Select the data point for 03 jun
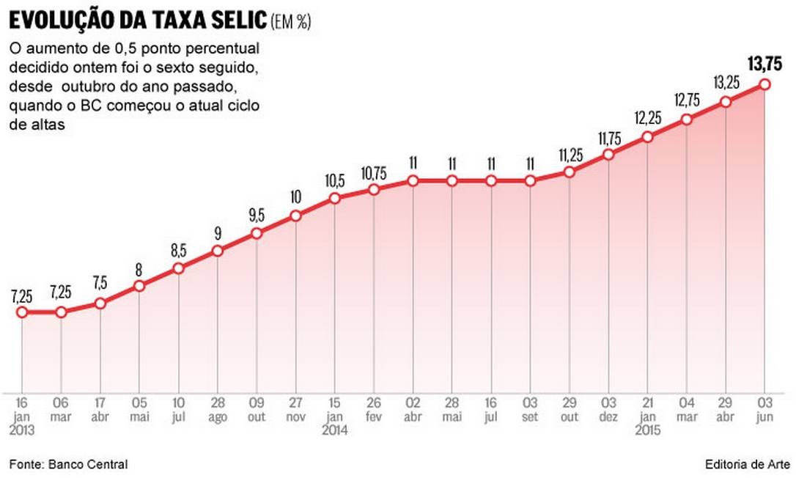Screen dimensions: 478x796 (765, 84)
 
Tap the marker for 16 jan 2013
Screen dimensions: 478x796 (22, 312)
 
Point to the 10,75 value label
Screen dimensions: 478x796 (374, 173)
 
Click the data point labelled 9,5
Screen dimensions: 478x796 (257, 234)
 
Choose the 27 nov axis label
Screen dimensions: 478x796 (295, 409)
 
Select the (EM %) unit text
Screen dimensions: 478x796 (292, 23)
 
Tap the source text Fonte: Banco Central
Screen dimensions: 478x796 (69, 464)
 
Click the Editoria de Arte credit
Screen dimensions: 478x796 (745, 464)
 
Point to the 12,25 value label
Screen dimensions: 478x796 (647, 119)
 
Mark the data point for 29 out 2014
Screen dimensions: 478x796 (570, 172)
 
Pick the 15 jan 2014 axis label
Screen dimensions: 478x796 (334, 416)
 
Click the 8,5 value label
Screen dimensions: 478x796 (178, 251)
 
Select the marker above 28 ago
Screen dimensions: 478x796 (218, 251)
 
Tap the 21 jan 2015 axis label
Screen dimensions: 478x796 (647, 416)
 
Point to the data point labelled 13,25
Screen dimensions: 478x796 (726, 102)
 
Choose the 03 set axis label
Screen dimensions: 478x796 (530, 409)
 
